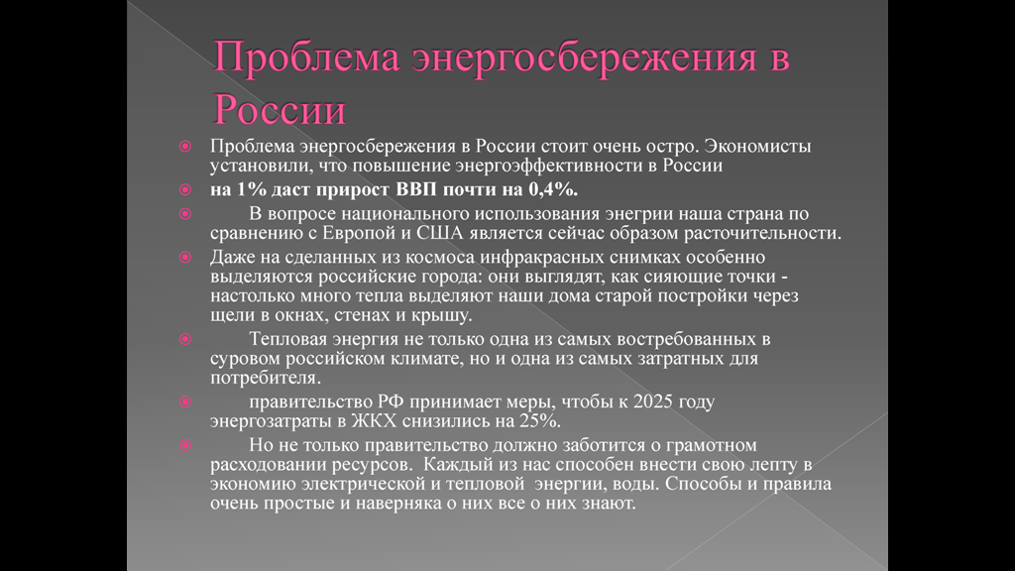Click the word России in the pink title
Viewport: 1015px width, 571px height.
point(280,109)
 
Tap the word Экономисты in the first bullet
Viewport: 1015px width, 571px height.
point(757,147)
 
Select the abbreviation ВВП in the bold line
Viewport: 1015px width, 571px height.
point(416,189)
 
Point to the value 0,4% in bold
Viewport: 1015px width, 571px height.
point(553,189)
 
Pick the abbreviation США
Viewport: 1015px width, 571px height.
point(439,233)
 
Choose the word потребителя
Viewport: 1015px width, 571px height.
point(266,378)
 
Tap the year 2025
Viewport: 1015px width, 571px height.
point(653,402)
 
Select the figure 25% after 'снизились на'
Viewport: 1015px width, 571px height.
point(540,421)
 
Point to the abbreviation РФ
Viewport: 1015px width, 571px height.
point(391,402)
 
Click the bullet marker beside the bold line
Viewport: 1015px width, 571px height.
point(185,189)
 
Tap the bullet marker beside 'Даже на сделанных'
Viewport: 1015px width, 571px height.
point(185,258)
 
